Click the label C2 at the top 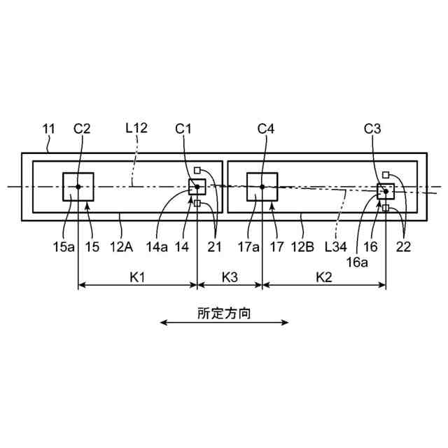pos(82,129)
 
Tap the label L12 pos(136,129)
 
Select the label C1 pos(184,129)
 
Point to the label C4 pos(267,129)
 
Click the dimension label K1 pos(137,277)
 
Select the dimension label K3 pos(230,277)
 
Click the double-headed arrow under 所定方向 pos(224,323)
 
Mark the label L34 pos(335,246)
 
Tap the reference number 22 pos(403,246)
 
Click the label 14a pos(157,246)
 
